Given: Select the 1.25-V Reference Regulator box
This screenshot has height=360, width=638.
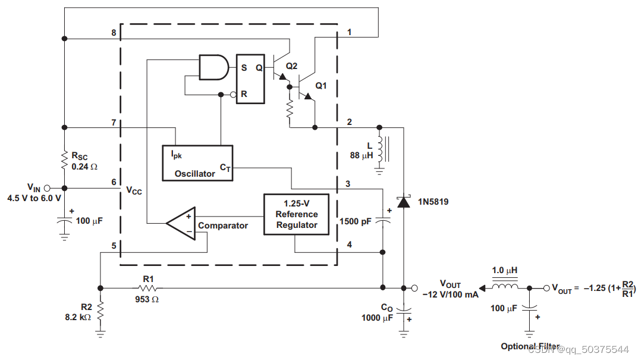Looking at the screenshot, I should (296, 214).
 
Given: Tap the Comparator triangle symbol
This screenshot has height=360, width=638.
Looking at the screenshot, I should (181, 224).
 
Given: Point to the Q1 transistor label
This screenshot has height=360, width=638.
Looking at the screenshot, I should (321, 86).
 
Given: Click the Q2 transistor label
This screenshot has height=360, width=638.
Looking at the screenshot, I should (291, 66).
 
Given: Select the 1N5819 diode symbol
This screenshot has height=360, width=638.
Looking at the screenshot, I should (404, 202).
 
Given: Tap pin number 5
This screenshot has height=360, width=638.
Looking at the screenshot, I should (113, 245).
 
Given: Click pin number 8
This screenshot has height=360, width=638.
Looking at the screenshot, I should (113, 33).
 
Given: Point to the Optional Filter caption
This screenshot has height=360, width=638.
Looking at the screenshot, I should (530, 346).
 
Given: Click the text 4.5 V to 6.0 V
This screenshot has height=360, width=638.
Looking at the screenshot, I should (34, 198).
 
